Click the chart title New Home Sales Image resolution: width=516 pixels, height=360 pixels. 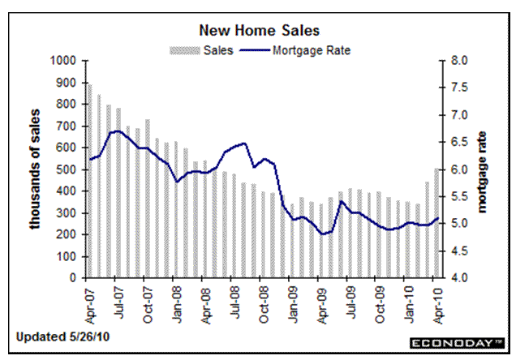[x=260, y=31]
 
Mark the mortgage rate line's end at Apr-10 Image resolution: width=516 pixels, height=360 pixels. [x=438, y=218]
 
